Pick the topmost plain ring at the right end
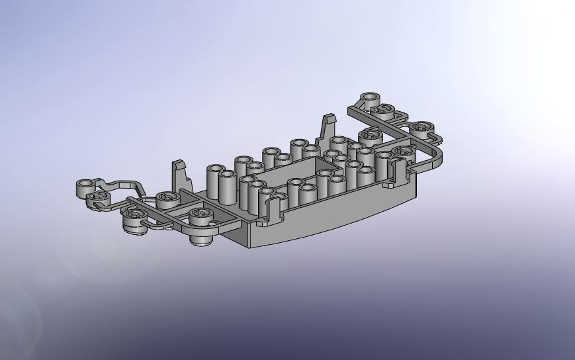coord(369,99)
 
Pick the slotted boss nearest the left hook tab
coord(168,199)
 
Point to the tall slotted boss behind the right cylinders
coord(370,138)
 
